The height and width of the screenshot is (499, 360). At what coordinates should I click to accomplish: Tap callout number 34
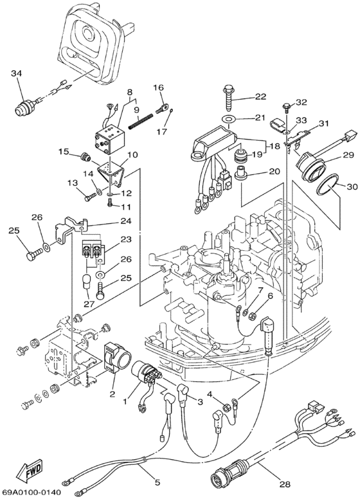17,74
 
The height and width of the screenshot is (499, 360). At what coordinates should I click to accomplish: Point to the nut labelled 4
226,406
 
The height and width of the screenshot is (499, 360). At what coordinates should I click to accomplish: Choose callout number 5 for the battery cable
157,482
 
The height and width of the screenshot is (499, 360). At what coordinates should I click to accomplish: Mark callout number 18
274,147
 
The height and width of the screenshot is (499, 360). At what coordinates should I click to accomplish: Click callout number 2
112,394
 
